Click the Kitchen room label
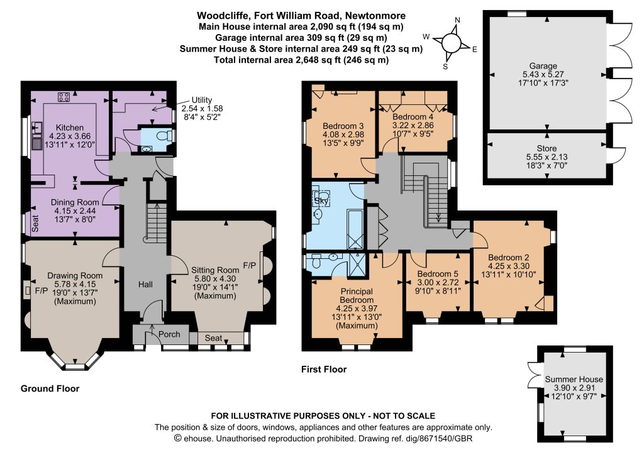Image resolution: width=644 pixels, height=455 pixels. [69, 128]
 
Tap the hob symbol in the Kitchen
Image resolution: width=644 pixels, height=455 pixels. [64, 97]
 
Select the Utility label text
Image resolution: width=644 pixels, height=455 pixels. [202, 100]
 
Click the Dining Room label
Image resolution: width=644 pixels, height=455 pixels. [75, 202]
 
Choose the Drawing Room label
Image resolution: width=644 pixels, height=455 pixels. [75, 276]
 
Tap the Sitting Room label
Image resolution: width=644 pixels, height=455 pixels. [215, 270]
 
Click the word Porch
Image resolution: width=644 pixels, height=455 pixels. [169, 334]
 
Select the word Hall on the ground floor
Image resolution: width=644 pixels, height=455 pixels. [145, 284]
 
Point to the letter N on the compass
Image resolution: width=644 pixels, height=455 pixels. [458, 20]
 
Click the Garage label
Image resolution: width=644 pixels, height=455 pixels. [543, 65]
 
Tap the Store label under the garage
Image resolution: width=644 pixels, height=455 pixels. [547, 148]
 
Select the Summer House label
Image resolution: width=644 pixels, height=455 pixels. [574, 379]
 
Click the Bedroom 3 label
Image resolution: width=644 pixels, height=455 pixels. [343, 126]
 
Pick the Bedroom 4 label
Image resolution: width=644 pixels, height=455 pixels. [413, 117]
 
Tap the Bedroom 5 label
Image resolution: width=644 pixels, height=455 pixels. [438, 273]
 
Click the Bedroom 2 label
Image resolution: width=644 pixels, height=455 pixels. [508, 258]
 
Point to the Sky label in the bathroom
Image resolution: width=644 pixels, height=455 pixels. [321, 201]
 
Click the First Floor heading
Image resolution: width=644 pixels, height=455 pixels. [324, 370]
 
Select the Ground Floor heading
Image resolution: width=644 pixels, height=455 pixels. [50, 388]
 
